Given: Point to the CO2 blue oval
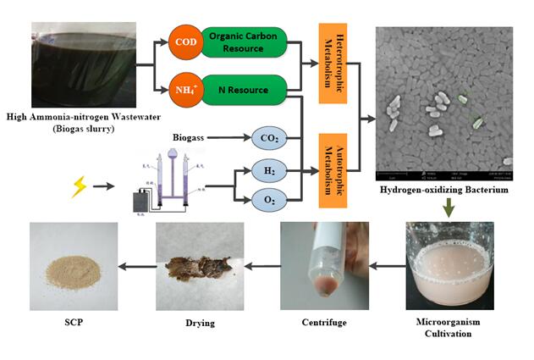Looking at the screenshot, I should click(271, 136).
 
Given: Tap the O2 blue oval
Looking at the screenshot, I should click(271, 200).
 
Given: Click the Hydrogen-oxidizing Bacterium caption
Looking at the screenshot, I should click(443, 190).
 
